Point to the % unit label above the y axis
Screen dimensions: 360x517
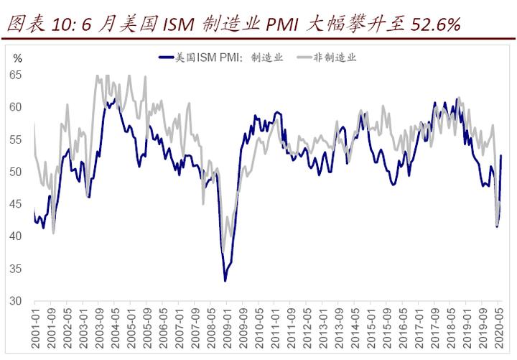point(18,57)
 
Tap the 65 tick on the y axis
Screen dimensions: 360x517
point(17,75)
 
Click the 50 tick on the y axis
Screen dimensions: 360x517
point(17,172)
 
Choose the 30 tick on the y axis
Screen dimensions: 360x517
point(17,302)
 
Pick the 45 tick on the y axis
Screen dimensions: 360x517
point(17,204)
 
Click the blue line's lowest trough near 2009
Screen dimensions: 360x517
point(225,280)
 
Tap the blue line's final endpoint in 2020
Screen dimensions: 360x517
point(500,155)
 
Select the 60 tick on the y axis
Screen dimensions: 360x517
point(17,107)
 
